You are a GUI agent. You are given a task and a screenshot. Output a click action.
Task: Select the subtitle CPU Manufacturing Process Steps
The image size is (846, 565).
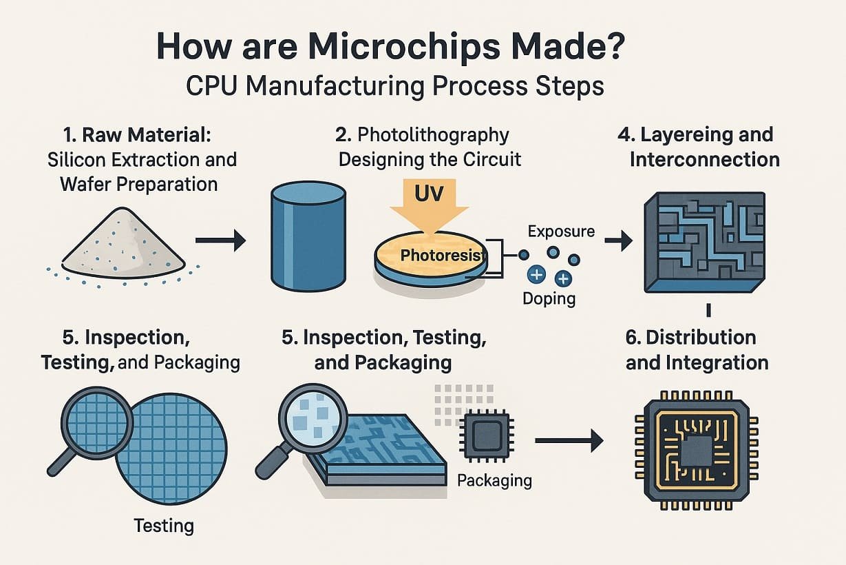pos(395,86)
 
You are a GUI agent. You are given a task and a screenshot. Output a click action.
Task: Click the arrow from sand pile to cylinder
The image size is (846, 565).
pos(220,240)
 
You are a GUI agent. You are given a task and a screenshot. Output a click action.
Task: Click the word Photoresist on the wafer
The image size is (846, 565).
pos(440,256)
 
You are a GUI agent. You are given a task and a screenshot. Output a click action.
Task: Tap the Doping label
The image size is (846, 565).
pos(549,299)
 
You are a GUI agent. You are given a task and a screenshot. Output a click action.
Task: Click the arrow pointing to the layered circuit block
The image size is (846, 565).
pos(618,240)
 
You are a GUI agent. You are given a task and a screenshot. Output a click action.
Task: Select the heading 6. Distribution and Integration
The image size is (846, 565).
pos(697,350)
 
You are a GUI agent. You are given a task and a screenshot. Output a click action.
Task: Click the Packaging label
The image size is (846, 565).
pos(494,480)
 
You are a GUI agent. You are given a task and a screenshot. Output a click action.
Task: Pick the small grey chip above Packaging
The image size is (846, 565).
pos(488,435)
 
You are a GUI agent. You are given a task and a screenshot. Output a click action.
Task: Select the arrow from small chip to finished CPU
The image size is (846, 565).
pos(569,441)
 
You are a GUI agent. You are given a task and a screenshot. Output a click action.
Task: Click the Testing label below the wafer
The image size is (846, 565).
pos(164,526)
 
